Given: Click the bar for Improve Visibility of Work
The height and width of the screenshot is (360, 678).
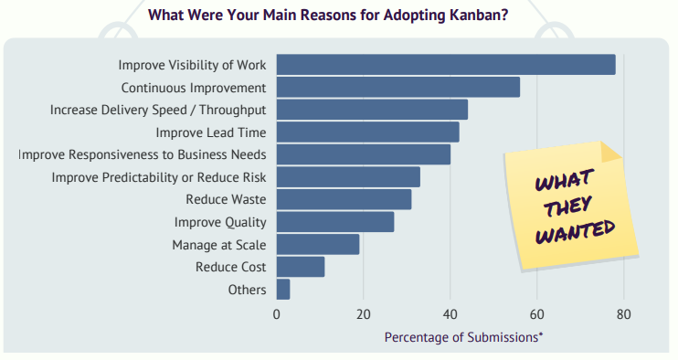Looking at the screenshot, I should (x=446, y=65).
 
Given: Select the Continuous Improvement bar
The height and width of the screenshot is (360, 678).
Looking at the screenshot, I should (x=398, y=88).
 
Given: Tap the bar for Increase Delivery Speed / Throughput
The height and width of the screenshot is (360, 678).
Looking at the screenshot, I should (x=372, y=110).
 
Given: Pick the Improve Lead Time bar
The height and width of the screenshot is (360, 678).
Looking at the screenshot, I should (x=367, y=132).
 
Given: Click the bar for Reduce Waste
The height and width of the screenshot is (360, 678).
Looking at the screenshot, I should (x=344, y=199).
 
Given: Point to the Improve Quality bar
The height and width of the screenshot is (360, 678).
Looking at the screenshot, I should (x=335, y=222).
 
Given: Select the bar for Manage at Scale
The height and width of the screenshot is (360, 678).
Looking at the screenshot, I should (x=318, y=244).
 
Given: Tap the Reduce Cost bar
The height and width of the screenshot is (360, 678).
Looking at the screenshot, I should (x=301, y=267).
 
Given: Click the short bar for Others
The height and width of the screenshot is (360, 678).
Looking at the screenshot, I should (x=283, y=289).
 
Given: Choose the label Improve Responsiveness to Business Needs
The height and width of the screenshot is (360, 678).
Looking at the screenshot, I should (x=143, y=155).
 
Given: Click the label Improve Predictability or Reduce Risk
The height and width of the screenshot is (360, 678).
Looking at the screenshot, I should (x=159, y=177).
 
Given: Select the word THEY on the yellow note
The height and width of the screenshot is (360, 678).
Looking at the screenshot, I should (x=566, y=204).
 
